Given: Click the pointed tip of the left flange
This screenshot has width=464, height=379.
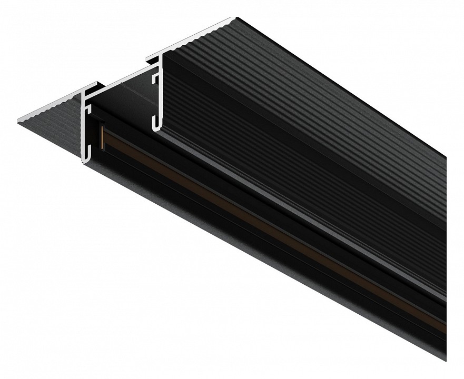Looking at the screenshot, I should (19, 121).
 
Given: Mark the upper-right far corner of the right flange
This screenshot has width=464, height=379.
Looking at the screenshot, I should (237, 18).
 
